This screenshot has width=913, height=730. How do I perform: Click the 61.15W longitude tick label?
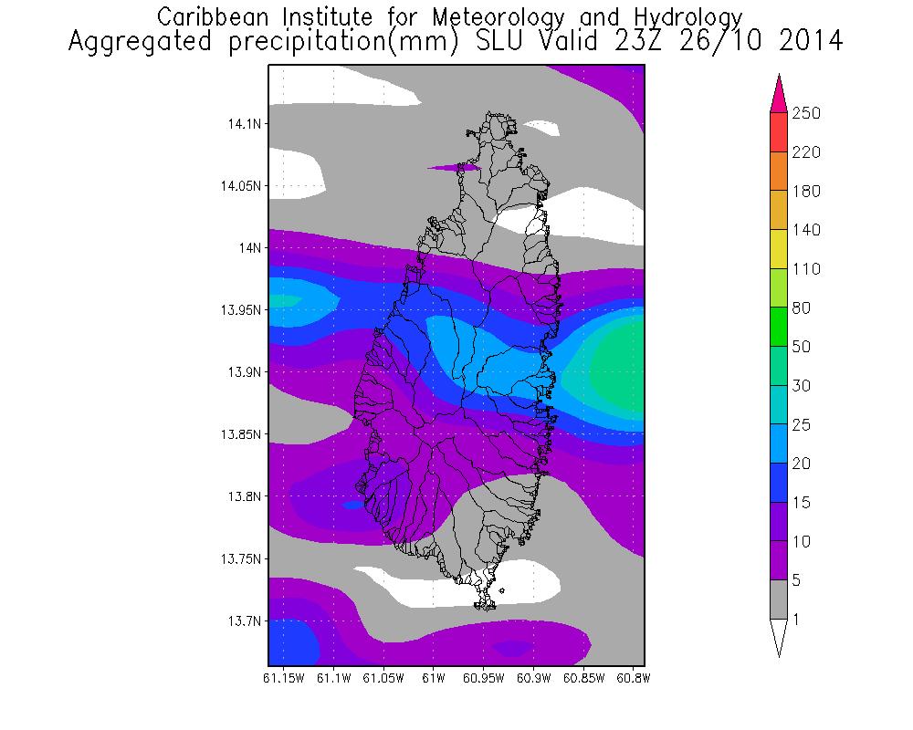283,678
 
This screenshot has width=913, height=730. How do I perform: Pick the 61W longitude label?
433,678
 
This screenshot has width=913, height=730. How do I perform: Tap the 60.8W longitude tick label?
632,678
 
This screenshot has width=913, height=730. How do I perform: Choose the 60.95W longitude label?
482,678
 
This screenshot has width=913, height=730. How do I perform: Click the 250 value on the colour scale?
807,113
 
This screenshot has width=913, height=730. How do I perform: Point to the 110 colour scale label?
807,269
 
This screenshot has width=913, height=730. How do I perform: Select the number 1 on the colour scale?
799,620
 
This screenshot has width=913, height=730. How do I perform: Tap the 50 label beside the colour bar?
803,347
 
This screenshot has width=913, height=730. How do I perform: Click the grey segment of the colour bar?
778,600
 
